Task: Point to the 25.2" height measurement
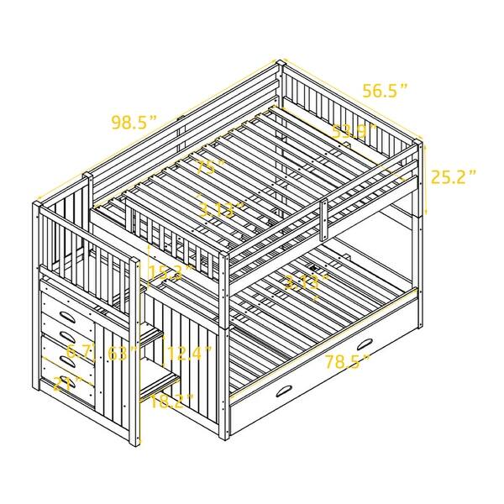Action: coord(454,176)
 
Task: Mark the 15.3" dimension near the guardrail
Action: coord(166,271)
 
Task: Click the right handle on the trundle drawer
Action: coord(365,344)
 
